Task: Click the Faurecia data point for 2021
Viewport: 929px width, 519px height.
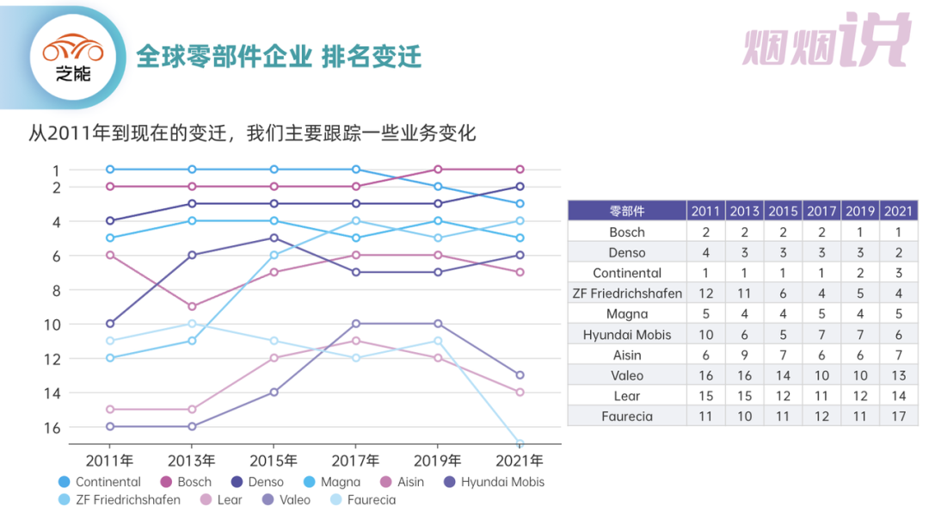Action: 520,443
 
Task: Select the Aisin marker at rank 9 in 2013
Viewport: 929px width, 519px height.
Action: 192,306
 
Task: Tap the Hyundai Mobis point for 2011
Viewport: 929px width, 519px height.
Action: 110,324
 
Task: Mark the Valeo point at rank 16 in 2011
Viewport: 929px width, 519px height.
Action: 110,427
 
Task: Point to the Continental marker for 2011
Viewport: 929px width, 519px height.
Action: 110,170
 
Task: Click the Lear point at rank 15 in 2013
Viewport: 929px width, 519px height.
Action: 192,410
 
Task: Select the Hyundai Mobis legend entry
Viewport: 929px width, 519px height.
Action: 494,482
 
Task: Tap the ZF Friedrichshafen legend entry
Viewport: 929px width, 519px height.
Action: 120,499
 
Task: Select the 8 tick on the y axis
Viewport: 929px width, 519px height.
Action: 56,290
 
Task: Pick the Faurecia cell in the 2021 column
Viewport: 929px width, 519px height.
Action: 898,417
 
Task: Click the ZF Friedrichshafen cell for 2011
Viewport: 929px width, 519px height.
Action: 705,293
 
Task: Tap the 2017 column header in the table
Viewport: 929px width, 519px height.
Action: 821,211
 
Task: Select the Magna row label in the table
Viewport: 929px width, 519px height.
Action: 626,314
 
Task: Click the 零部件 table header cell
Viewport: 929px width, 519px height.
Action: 626,211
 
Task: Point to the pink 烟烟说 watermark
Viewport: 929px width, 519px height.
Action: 826,40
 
